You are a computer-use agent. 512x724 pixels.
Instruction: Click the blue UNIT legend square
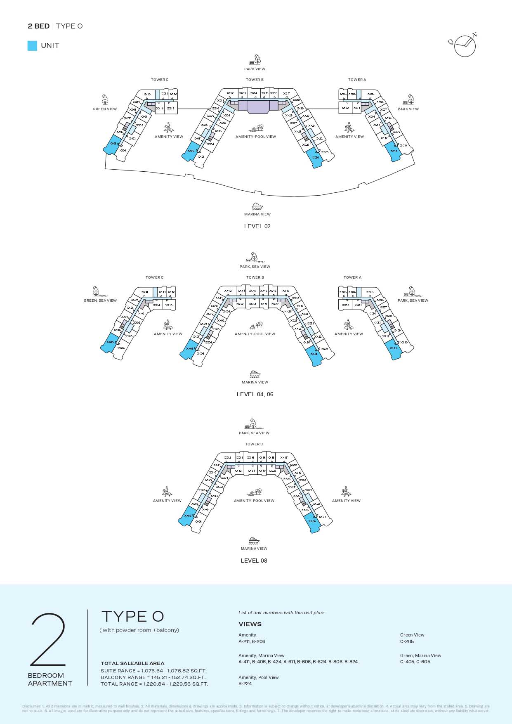coord(32,46)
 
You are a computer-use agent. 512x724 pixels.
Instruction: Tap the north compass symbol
coord(465,45)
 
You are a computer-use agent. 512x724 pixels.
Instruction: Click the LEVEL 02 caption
coord(257,226)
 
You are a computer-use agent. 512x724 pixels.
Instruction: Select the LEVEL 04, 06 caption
coord(255,394)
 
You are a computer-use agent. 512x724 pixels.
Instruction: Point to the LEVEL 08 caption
coord(254,561)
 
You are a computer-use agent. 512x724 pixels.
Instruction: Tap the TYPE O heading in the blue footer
coord(132,616)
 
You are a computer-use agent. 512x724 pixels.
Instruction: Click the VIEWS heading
coord(250,624)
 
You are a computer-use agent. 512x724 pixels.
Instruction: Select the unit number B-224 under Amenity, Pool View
coord(245,684)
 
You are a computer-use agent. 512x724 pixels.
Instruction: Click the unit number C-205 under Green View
coord(407,641)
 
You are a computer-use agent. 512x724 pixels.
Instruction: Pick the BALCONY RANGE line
coord(153,677)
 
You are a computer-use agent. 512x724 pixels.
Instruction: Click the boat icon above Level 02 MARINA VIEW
coord(257,206)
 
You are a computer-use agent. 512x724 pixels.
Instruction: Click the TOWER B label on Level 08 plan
coord(254,444)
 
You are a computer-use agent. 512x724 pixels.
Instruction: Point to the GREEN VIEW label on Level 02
coord(105,109)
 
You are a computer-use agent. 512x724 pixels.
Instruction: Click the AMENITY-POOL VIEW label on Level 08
coord(254,501)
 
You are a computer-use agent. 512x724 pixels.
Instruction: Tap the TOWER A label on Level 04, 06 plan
coord(352,277)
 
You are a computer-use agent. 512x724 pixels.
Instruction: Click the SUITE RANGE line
coord(153,671)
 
